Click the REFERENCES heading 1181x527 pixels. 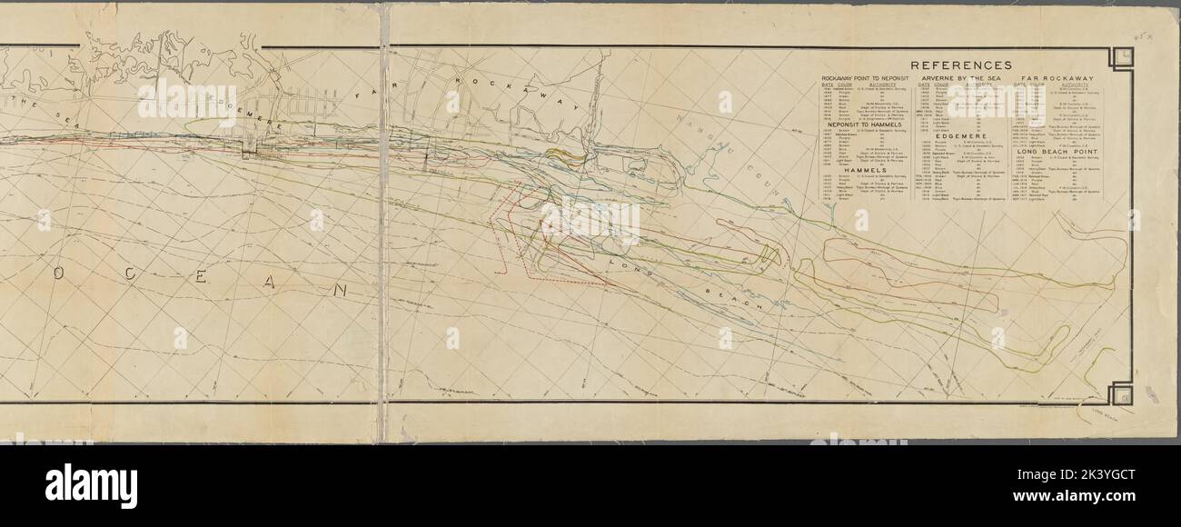(960, 65)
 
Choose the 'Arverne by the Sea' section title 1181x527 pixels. (961, 80)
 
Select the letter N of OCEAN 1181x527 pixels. (340, 291)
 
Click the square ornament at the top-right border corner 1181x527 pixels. (1120, 57)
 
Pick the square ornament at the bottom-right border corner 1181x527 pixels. (1120, 393)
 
